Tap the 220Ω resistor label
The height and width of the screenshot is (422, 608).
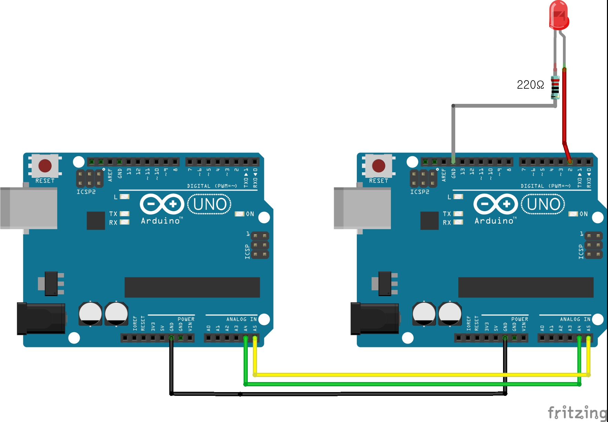pos(530,85)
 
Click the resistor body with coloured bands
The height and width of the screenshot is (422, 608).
pos(555,87)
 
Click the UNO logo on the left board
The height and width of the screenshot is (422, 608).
pos(210,204)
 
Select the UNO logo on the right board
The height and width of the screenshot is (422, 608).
pos(543,204)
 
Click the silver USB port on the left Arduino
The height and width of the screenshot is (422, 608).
pos(29,208)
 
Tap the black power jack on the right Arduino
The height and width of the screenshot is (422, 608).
pos(374,318)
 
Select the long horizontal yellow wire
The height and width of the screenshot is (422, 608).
pos(413,375)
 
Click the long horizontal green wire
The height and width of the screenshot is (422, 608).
pos(413,384)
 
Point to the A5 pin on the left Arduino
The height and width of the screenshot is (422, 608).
pos(255,338)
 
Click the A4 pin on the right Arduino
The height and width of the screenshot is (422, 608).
pos(579,338)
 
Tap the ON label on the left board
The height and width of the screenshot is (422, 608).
pos(250,214)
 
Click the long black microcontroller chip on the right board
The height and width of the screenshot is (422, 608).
pos(525,287)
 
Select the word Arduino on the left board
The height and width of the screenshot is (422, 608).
pos(160,221)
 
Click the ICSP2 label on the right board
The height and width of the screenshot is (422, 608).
pos(419,192)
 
